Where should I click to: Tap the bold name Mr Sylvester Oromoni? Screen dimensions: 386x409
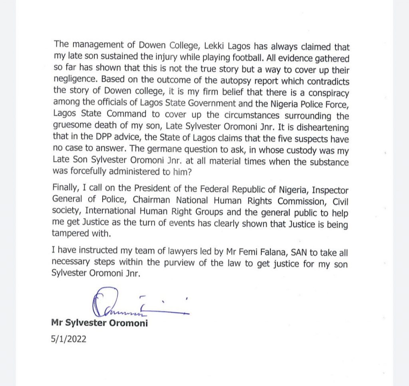(x=99, y=323)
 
